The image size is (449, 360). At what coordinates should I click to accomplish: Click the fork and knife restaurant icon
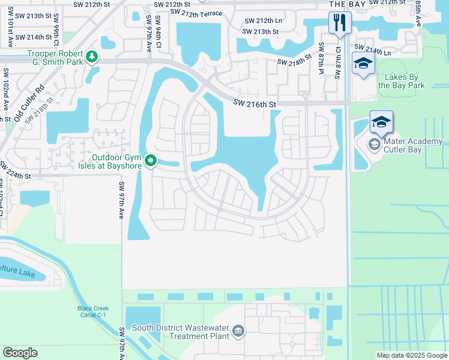click(340, 23)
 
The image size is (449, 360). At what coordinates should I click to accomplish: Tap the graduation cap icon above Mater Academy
click(381, 122)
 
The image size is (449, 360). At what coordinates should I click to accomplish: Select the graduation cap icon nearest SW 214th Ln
click(363, 63)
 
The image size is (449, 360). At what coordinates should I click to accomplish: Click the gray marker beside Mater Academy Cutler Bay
click(375, 145)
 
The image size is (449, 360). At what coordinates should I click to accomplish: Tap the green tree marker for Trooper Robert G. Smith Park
click(91, 57)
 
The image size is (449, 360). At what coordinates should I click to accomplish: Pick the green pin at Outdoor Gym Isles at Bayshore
click(151, 161)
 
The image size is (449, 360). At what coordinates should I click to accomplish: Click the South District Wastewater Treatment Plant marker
click(238, 331)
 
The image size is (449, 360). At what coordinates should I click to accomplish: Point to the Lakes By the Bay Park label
click(402, 81)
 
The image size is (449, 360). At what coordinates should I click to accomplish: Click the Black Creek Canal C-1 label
click(93, 313)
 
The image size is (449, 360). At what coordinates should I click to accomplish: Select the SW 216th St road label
click(254, 104)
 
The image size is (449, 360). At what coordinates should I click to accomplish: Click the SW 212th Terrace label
click(196, 13)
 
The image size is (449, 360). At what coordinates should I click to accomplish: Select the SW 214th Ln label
click(372, 50)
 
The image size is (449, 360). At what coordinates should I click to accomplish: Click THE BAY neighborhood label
click(346, 4)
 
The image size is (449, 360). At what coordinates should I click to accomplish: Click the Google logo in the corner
click(20, 353)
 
